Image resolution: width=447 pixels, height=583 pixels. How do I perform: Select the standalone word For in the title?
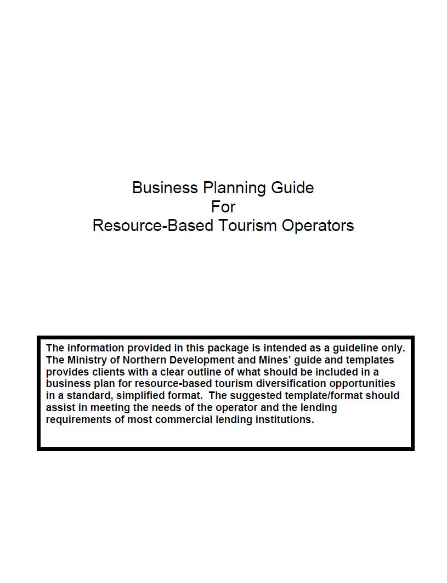point(223,206)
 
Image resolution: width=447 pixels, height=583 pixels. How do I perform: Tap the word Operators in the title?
point(318,226)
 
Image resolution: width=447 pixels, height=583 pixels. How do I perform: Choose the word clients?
point(104,372)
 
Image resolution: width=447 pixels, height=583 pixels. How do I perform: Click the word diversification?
point(291,384)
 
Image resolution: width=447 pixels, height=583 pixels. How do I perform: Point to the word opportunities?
point(363,384)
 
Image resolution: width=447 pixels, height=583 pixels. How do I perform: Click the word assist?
point(60,408)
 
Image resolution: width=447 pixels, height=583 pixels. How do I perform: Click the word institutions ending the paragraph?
point(285,420)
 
